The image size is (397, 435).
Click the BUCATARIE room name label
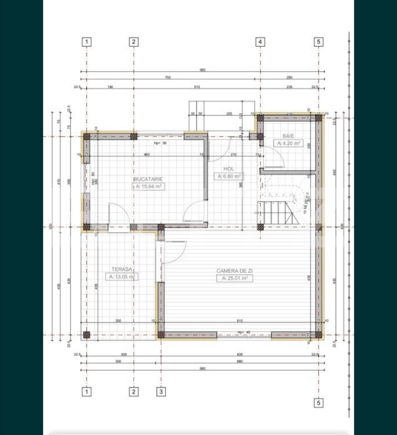[148, 179]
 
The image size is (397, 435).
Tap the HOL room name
[228, 169]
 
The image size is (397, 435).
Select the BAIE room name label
[288, 136]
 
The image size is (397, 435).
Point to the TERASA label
[122, 269]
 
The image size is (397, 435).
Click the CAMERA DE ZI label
[235, 271]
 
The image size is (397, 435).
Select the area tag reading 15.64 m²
[148, 186]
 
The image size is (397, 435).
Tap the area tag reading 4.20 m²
[289, 143]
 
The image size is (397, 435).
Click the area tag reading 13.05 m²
[122, 277]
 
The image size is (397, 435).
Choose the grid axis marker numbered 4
[260, 42]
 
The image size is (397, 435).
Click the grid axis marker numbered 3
[161, 392]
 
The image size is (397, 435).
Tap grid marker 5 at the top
[318, 42]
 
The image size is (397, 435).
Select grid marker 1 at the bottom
[86, 392]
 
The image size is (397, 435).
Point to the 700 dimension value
[168, 78]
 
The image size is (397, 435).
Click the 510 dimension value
[197, 87]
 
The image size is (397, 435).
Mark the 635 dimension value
[240, 355]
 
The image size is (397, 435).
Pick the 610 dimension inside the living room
[240, 321]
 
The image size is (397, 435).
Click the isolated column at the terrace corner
[86, 335]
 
